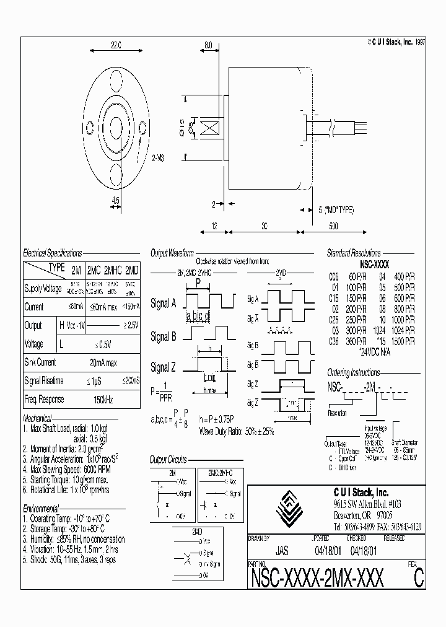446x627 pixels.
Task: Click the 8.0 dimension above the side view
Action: (x=208, y=45)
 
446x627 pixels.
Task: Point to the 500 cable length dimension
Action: (x=333, y=227)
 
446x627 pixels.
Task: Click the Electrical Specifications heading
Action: (x=53, y=253)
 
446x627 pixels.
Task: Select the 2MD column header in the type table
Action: (x=132, y=270)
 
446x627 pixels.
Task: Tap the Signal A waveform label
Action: (x=164, y=304)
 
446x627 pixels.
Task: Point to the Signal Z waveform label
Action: (x=164, y=368)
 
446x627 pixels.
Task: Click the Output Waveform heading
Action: (x=172, y=253)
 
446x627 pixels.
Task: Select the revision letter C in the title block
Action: (x=419, y=577)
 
